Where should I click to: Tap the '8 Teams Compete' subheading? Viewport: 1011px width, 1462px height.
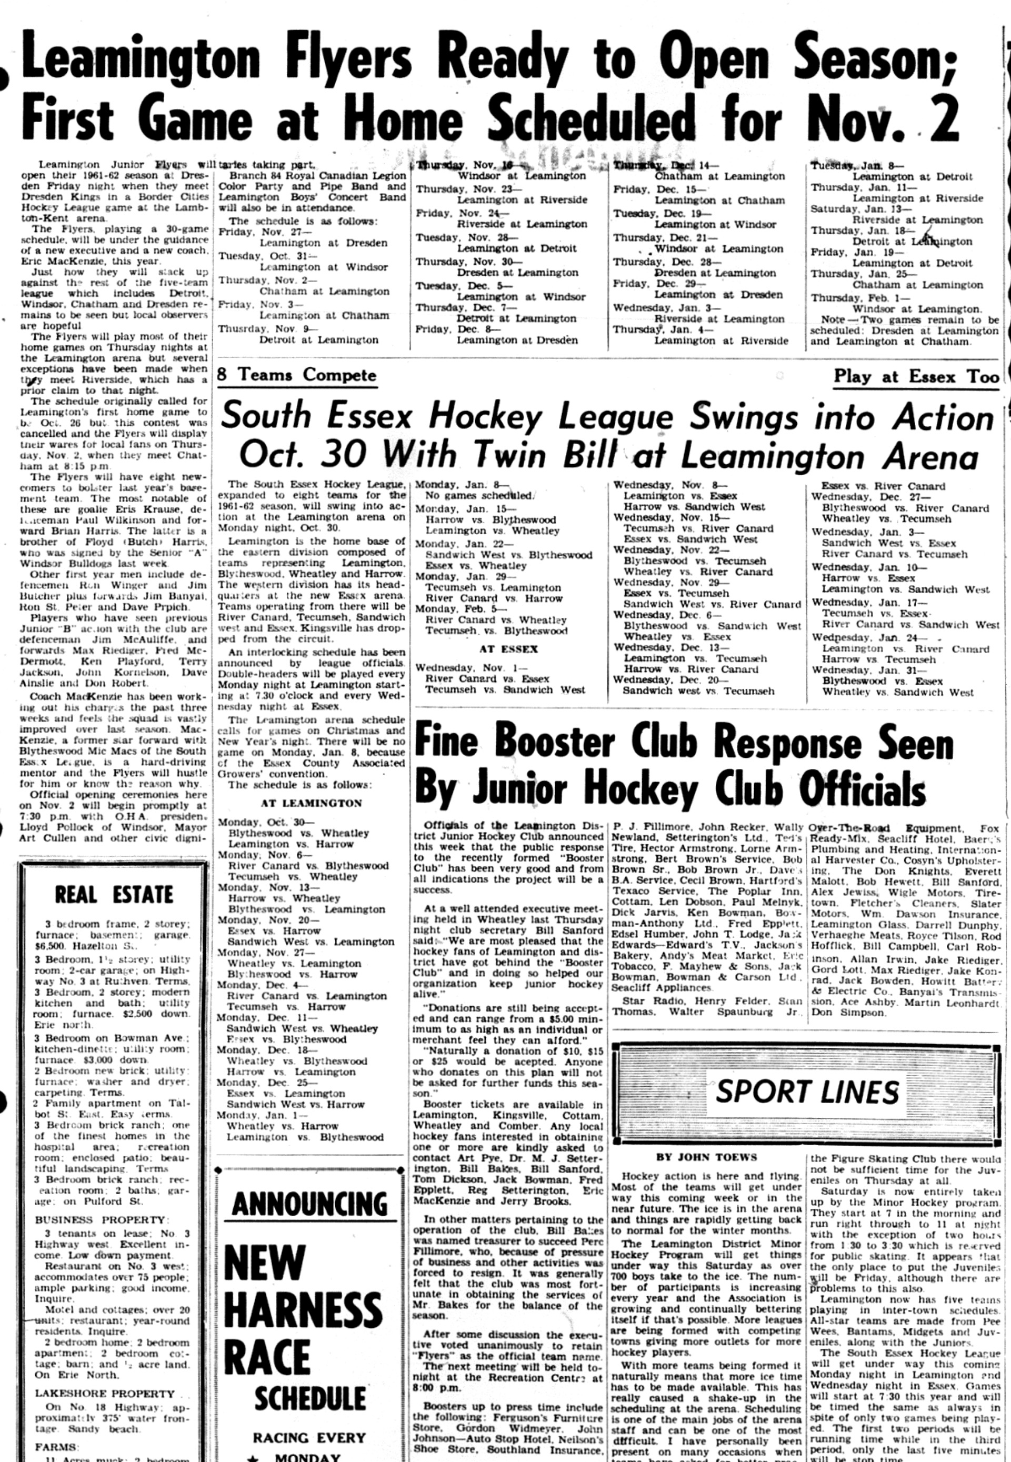click(x=296, y=375)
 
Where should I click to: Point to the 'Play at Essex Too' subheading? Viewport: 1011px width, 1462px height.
click(x=916, y=377)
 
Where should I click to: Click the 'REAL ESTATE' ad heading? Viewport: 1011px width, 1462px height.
click(x=114, y=895)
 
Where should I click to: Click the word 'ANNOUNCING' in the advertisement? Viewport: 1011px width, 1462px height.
click(x=310, y=1204)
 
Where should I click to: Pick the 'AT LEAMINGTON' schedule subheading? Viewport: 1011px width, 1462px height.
click(x=311, y=803)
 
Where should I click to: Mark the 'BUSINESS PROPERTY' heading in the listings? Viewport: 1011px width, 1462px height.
click(x=99, y=1219)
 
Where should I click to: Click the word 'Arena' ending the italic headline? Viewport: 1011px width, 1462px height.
click(x=931, y=457)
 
